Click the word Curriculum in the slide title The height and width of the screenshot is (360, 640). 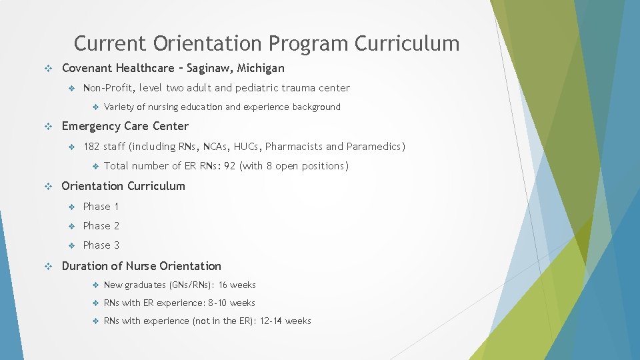pyautogui.click(x=407, y=43)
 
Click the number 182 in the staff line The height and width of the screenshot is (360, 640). pyautogui.click(x=92, y=147)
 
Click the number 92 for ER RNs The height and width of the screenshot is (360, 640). pyautogui.click(x=230, y=166)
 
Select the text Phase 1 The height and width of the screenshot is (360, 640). pyautogui.click(x=101, y=207)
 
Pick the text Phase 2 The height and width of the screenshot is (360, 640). pyautogui.click(x=101, y=226)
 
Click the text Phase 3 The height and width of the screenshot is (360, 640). pyautogui.click(x=101, y=245)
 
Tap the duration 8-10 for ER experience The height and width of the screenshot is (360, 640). pyautogui.click(x=217, y=303)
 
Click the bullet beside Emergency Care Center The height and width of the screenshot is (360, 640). pyautogui.click(x=48, y=127)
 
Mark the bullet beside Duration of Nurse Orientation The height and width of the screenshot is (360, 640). pyautogui.click(x=48, y=266)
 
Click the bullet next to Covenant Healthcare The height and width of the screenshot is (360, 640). pyautogui.click(x=48, y=68)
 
